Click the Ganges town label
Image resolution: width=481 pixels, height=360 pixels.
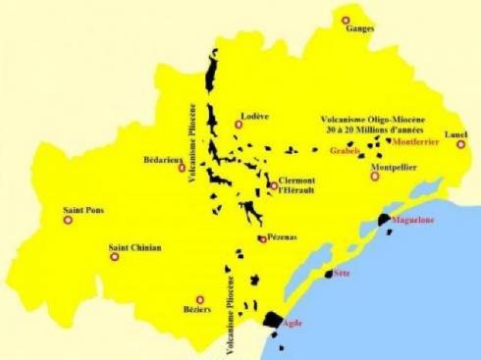(360, 29)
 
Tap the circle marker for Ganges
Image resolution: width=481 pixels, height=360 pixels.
(345, 20)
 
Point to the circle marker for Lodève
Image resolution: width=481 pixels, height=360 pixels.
(239, 125)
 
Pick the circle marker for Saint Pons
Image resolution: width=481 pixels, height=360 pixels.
(68, 220)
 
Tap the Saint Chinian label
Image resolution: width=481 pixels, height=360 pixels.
(134, 247)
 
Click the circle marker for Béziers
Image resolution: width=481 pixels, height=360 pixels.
(200, 299)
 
